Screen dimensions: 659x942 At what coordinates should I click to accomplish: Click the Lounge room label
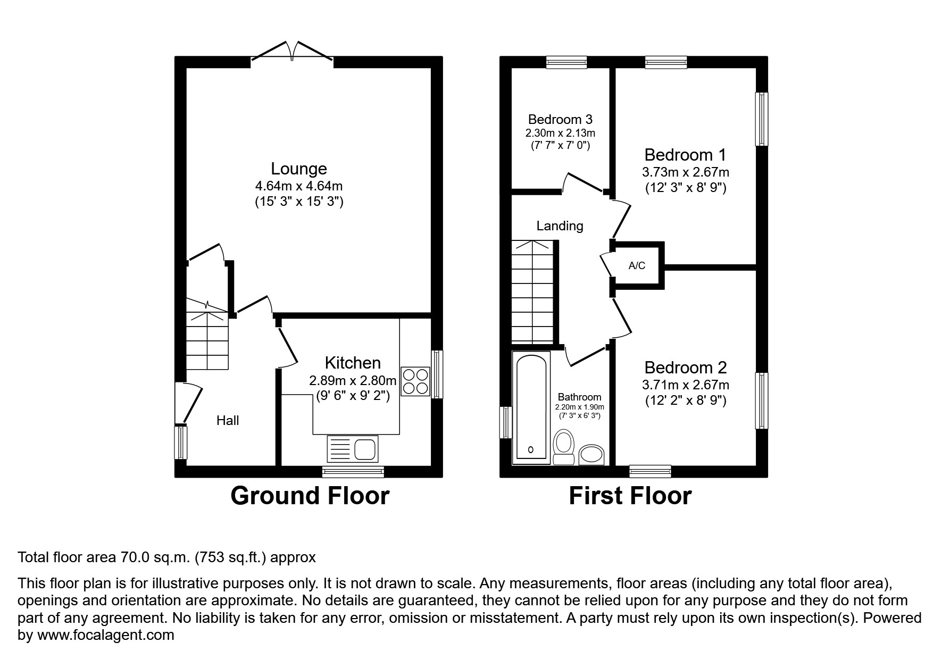click(298, 169)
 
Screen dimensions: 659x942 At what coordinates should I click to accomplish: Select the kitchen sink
click(353, 448)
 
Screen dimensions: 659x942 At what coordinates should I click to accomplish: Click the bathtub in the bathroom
click(530, 407)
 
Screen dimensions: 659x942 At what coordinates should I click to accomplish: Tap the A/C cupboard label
click(637, 265)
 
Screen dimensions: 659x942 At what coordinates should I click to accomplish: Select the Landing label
click(560, 226)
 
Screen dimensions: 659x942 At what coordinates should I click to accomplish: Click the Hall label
click(228, 421)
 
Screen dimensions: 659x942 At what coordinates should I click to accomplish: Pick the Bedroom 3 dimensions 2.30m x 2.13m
click(560, 133)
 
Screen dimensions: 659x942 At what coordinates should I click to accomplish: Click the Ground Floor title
click(310, 496)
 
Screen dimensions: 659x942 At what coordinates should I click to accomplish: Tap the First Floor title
click(630, 496)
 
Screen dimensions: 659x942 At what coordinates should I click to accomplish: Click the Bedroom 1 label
click(685, 155)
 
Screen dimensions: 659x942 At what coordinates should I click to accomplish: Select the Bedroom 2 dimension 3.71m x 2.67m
click(685, 385)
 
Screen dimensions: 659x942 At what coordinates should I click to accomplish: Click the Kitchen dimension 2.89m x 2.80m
click(353, 381)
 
